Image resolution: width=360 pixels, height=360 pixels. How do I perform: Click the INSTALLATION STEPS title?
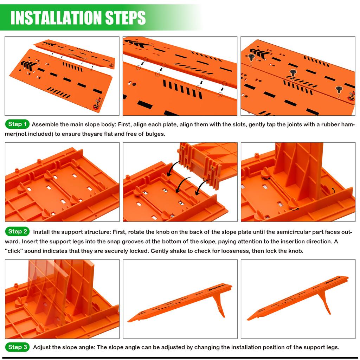pyautogui.click(x=78, y=17)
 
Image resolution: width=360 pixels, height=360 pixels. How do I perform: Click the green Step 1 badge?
pyautogui.click(x=17, y=124)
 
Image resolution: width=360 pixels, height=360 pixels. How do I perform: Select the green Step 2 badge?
pyautogui.click(x=17, y=232)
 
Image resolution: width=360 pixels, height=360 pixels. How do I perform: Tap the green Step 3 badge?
pyautogui.click(x=17, y=347)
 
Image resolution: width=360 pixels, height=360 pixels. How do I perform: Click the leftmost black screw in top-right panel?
pyautogui.click(x=251, y=57)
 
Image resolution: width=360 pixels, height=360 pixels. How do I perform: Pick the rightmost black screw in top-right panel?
pyautogui.click(x=339, y=90)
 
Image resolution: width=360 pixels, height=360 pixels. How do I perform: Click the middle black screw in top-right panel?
pyautogui.click(x=293, y=73)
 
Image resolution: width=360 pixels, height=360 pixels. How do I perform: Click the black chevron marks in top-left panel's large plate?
pyautogui.click(x=28, y=65)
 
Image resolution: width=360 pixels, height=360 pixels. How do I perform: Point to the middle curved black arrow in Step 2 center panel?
pyautogui.click(x=184, y=186)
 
